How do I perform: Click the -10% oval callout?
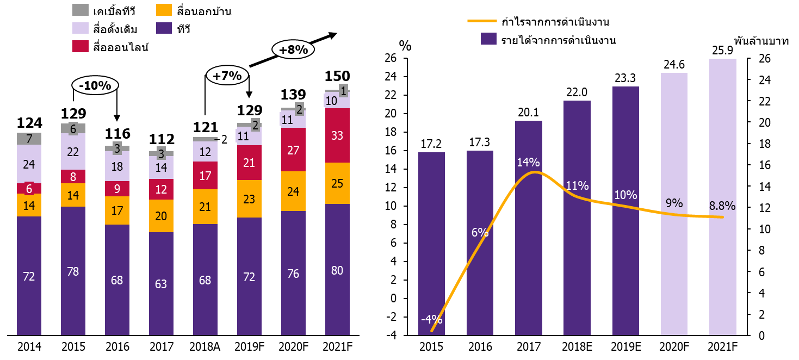tap(95, 85)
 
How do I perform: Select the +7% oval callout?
tap(227, 76)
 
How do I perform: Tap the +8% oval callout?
tap(293, 50)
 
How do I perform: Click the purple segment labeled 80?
tap(337, 269)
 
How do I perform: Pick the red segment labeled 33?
tap(337, 135)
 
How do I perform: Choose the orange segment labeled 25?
tap(337, 183)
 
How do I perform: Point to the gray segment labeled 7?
tap(29, 139)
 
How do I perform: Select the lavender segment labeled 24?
tap(29, 164)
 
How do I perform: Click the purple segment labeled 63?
tap(161, 283)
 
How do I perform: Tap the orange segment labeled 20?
tap(161, 216)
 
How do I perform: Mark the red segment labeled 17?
tap(205, 176)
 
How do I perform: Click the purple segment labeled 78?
tap(73, 271)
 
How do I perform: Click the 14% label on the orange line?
tap(529, 163)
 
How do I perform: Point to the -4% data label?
tap(432, 320)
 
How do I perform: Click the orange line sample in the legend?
tap(482, 21)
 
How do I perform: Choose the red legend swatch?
tap(80, 46)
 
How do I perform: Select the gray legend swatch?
tap(80, 10)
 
